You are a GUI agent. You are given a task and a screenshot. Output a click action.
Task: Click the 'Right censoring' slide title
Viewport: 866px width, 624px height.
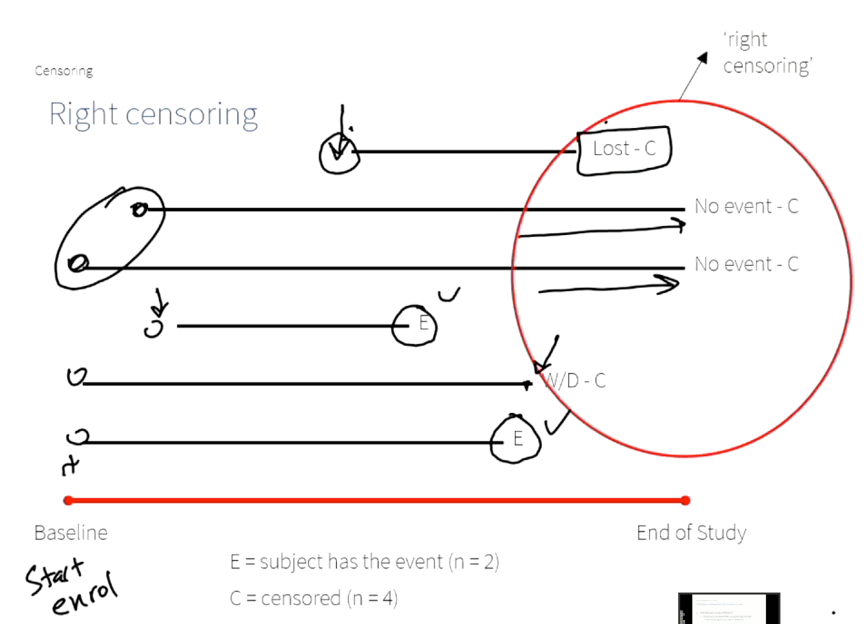[153, 115]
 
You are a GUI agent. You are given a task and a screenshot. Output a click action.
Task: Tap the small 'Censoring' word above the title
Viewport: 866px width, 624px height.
[64, 71]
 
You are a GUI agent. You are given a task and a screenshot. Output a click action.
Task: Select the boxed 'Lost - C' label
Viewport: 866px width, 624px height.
[624, 149]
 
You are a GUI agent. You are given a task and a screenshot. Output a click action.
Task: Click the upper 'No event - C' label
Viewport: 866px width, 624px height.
[746, 206]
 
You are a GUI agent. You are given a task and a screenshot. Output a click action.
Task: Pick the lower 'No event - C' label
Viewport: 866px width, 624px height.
[746, 264]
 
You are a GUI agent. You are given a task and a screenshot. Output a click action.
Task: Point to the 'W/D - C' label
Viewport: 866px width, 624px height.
[575, 381]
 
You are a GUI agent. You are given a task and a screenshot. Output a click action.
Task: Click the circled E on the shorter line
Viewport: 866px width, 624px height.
[415, 324]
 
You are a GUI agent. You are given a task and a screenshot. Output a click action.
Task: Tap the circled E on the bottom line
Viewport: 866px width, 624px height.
[516, 440]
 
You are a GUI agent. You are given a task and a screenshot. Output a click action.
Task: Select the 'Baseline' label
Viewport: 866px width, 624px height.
[71, 533]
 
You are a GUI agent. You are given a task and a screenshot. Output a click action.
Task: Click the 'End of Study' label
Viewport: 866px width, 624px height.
[691, 533]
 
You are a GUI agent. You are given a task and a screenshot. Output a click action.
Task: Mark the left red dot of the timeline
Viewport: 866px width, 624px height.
[68, 500]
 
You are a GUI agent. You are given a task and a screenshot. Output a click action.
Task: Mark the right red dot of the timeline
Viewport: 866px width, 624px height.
[686, 500]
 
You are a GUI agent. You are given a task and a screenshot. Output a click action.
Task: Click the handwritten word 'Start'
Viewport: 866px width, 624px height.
[55, 575]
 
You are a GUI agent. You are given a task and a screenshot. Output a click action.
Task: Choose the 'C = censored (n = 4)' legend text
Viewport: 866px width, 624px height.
[314, 598]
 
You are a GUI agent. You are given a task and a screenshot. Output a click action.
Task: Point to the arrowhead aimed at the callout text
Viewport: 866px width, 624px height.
[702, 58]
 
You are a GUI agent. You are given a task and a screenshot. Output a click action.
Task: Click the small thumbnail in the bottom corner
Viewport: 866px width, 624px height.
[728, 608]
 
